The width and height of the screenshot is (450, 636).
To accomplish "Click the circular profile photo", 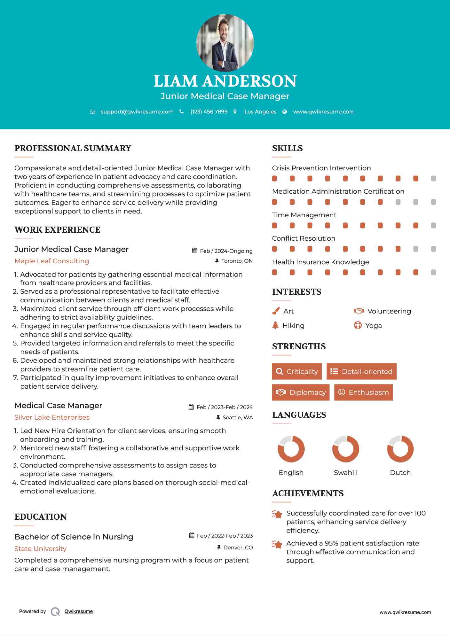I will (x=225, y=43).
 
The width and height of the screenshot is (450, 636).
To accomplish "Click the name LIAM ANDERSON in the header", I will (x=225, y=81).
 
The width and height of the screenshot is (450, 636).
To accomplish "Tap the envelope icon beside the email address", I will (x=92, y=112).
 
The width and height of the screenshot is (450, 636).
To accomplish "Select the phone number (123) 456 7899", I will (x=209, y=112).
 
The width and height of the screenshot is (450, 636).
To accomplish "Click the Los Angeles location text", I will (x=260, y=112).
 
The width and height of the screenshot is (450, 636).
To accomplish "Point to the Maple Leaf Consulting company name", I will (x=51, y=261).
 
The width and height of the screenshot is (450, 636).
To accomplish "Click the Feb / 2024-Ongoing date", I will (x=226, y=251).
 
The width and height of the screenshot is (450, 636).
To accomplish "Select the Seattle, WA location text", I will (x=237, y=417).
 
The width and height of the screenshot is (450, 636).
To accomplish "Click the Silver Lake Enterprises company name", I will (x=52, y=417).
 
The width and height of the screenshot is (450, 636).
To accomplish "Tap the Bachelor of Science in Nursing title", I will (x=74, y=537).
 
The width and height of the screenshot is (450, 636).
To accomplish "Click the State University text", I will (x=40, y=549).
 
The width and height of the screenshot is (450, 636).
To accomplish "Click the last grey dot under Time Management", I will (x=433, y=226).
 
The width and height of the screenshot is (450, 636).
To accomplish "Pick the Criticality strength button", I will (x=297, y=371).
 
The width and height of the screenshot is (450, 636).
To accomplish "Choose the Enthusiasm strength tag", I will (x=363, y=392).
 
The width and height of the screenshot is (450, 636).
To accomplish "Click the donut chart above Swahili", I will (x=345, y=449).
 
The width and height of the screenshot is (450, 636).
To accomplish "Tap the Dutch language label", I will (x=400, y=473).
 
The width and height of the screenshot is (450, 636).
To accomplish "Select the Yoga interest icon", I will (x=358, y=326).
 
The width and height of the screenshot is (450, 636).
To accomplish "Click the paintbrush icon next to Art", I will (x=276, y=311).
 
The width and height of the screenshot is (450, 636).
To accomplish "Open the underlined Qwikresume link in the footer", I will (x=78, y=611).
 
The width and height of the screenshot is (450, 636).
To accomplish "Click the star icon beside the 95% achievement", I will (x=277, y=544).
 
